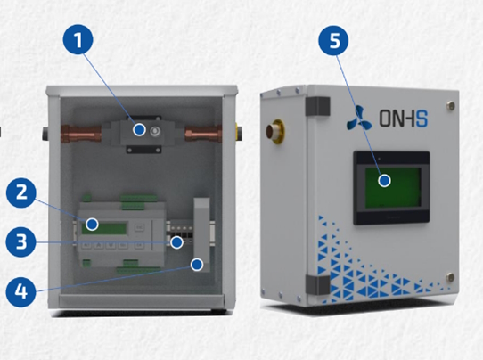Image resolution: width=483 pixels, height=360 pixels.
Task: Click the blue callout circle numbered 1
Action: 78,40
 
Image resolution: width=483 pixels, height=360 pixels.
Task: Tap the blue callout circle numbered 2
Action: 21,192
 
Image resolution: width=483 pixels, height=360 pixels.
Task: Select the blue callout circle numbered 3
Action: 21,241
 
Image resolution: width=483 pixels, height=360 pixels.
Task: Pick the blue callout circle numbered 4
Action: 21,291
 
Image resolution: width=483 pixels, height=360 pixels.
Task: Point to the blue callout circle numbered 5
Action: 334,40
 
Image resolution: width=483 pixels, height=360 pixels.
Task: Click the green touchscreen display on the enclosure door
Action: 393,188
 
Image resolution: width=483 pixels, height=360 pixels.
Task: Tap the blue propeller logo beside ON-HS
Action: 359,118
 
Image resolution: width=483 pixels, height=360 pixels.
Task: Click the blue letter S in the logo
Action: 422,119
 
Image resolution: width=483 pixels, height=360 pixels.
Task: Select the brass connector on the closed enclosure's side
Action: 275,132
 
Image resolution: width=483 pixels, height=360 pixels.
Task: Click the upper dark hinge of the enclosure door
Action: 317,106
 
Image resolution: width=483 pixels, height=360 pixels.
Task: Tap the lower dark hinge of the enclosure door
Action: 317,285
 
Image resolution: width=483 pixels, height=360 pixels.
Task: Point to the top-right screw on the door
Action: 450,106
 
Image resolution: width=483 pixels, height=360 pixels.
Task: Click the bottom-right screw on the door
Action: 450,277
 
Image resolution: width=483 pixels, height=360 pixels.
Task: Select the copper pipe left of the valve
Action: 82,134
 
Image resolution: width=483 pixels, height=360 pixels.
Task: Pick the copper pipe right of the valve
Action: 203,135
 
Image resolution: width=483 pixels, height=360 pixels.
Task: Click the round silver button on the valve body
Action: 155,132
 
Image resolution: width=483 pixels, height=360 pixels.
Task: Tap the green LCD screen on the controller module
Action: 104,228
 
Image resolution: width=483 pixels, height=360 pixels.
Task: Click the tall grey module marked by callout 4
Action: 201,234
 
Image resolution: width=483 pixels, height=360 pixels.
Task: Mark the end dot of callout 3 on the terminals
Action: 176,242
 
